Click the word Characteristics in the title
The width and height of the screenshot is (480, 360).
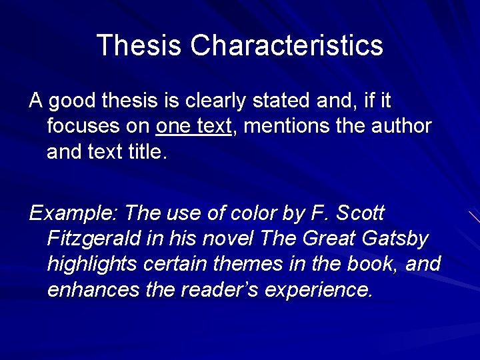click(287, 45)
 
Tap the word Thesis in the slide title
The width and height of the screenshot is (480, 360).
click(138, 45)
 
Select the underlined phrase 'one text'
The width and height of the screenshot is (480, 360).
click(193, 126)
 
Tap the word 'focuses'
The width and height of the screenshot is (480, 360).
click(83, 126)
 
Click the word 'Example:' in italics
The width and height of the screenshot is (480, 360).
click(73, 213)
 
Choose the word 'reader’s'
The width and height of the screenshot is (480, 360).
click(219, 289)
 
